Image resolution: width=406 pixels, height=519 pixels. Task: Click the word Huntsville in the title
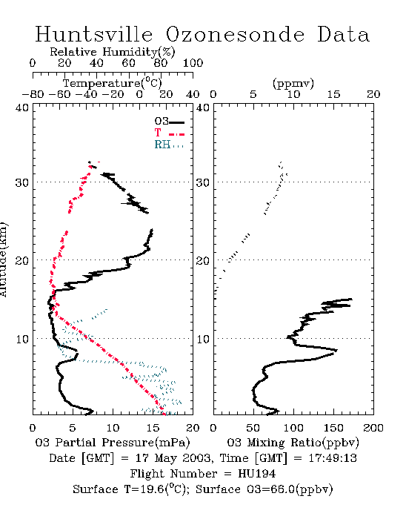pos(93,34)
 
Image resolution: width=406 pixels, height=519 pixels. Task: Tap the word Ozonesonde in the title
pos(234,34)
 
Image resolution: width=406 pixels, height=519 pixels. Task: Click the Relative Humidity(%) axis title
pos(113,52)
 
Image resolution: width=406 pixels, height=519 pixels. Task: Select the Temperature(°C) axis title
pos(113,83)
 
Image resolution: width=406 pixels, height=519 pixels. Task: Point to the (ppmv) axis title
pos(293,83)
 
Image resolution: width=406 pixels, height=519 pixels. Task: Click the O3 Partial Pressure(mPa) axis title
pos(113,443)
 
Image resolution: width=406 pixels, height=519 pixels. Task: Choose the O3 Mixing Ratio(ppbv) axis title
pos(293,443)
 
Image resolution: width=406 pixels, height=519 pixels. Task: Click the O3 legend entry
pos(169,122)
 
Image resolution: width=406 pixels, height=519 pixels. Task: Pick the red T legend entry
pos(169,133)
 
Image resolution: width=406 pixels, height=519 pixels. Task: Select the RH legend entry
pos(169,145)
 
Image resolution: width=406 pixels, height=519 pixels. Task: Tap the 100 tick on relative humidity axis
pos(193,63)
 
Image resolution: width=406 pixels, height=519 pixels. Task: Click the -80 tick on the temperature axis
pos(33,94)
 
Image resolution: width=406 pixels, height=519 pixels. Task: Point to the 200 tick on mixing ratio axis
pos(373,428)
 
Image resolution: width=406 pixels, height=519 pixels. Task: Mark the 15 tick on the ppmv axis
pos(333,94)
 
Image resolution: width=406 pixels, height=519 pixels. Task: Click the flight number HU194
pos(257,474)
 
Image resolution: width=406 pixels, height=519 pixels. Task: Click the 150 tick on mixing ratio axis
pos(333,428)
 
